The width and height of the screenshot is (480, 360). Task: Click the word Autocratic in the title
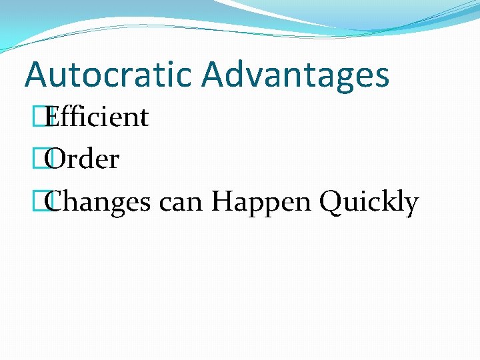click(109, 74)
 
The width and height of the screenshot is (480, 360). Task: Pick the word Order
click(84, 159)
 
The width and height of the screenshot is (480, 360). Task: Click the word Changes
click(100, 202)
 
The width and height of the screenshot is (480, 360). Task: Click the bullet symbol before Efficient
click(46, 117)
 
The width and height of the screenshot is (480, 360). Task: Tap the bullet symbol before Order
click(46, 159)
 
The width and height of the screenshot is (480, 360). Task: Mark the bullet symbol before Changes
click(46, 201)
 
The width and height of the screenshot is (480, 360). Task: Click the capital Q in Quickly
click(331, 201)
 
